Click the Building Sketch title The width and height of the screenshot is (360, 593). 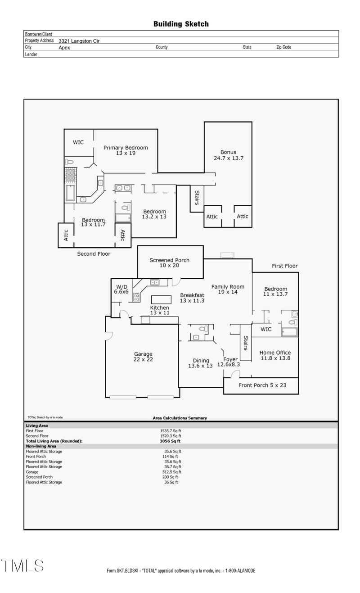tap(181, 24)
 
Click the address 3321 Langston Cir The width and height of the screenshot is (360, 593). tap(79, 41)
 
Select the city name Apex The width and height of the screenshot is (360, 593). tap(64, 48)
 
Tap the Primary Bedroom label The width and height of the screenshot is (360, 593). tap(126, 150)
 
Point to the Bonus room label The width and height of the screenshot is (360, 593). tap(228, 155)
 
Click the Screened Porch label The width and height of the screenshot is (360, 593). tap(169, 263)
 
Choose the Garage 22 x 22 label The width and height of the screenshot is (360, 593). tap(143, 357)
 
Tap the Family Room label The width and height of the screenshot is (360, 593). tap(228, 289)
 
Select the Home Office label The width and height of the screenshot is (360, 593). tap(275, 355)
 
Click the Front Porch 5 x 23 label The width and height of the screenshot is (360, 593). tap(262, 385)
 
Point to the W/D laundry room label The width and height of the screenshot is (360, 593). tap(122, 289)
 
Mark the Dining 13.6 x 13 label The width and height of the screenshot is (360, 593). tap(201, 363)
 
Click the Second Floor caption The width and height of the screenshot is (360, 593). tap(94, 254)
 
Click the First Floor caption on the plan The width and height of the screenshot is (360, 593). tap(284, 266)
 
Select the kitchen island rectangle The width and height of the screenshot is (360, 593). tap(161, 299)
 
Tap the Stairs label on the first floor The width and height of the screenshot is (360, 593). tap(246, 343)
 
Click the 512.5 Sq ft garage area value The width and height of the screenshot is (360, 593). tap(171, 472)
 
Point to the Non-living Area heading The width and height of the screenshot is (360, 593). tap(41, 446)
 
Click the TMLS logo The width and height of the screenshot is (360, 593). tap(22, 566)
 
